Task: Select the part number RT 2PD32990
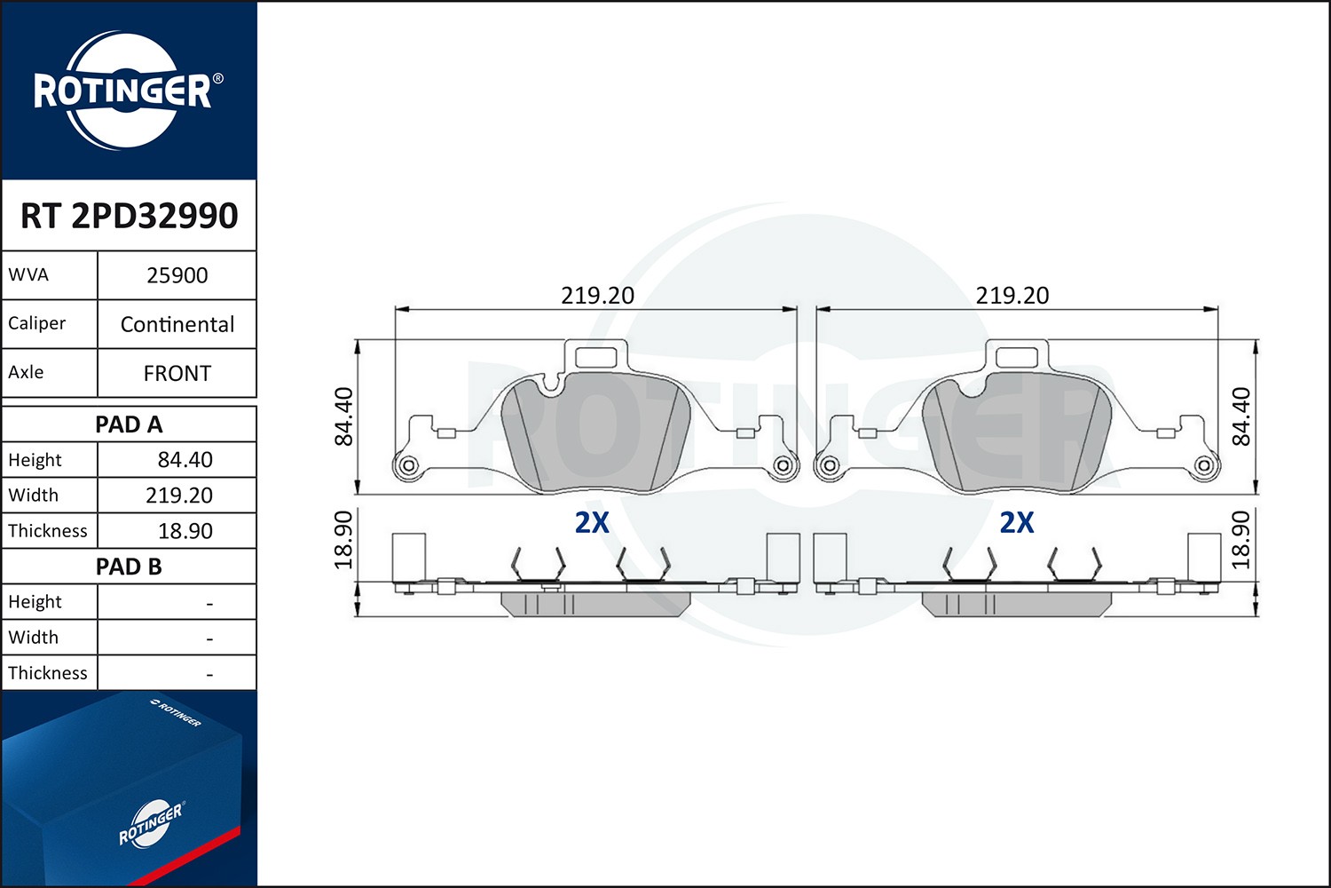pyautogui.click(x=129, y=216)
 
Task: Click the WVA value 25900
pyautogui.click(x=177, y=275)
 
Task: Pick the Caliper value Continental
pyautogui.click(x=177, y=324)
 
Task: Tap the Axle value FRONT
pyautogui.click(x=177, y=373)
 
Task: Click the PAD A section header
pyautogui.click(x=129, y=424)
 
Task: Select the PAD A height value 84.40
pyautogui.click(x=185, y=460)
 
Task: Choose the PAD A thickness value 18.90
pyautogui.click(x=185, y=531)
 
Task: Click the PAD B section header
pyautogui.click(x=129, y=567)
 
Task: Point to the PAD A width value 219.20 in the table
pyautogui.click(x=179, y=496)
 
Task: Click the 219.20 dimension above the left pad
pyautogui.click(x=597, y=296)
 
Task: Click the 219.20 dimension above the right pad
pyautogui.click(x=1012, y=296)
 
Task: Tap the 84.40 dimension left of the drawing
pyautogui.click(x=343, y=416)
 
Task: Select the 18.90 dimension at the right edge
pyautogui.click(x=1241, y=540)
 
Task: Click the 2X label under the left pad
pyautogui.click(x=592, y=523)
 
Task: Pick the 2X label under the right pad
pyautogui.click(x=1017, y=523)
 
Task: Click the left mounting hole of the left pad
pyautogui.click(x=408, y=465)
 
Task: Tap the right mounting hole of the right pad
pyautogui.click(x=1203, y=465)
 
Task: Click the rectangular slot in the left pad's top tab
pyautogui.click(x=596, y=358)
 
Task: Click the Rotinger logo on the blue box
pyautogui.click(x=151, y=824)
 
